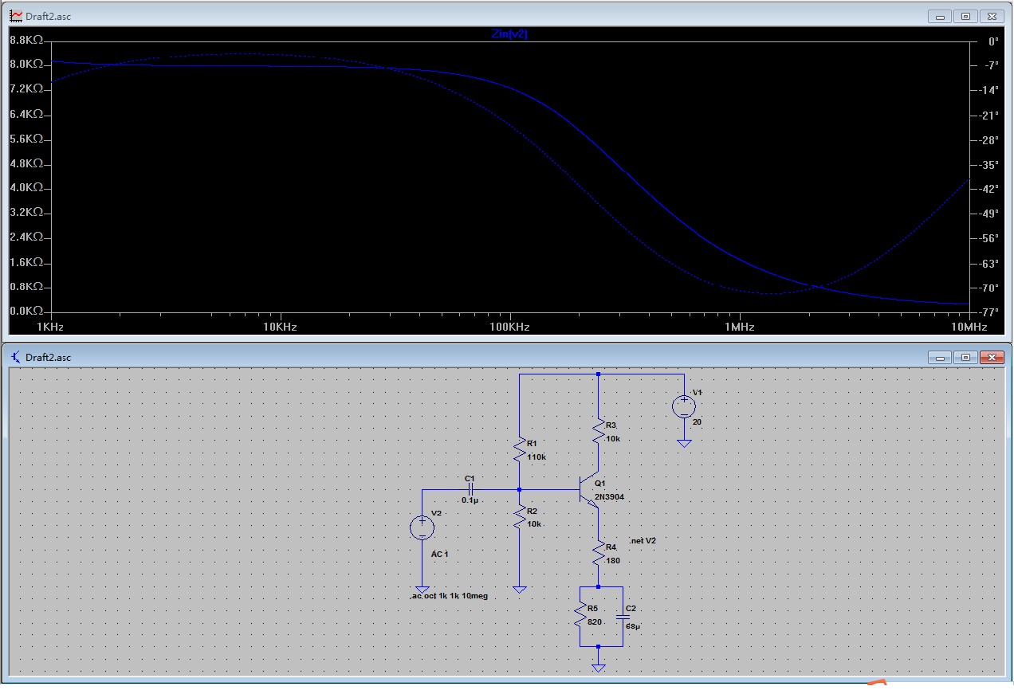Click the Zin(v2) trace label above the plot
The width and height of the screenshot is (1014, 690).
click(x=509, y=34)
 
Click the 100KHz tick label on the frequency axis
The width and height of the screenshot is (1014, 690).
click(x=509, y=327)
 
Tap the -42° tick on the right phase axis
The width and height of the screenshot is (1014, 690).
click(x=988, y=189)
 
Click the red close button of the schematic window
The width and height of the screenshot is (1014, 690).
click(x=992, y=357)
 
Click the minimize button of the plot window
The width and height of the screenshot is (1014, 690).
click(x=941, y=16)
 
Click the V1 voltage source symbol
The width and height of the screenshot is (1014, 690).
click(x=684, y=407)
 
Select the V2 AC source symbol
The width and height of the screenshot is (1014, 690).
click(x=422, y=527)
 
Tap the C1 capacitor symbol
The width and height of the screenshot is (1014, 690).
click(x=470, y=489)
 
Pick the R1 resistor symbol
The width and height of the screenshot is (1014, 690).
click(x=520, y=449)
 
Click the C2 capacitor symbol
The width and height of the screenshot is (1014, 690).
click(x=622, y=617)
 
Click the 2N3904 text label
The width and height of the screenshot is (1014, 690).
click(x=610, y=496)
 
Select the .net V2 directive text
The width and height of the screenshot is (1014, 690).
click(x=643, y=540)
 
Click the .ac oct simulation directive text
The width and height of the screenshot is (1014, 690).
click(x=449, y=595)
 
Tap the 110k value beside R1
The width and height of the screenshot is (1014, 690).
click(x=536, y=457)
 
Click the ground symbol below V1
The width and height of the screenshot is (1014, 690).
click(x=684, y=442)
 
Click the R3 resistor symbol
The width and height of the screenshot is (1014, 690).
click(x=599, y=433)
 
